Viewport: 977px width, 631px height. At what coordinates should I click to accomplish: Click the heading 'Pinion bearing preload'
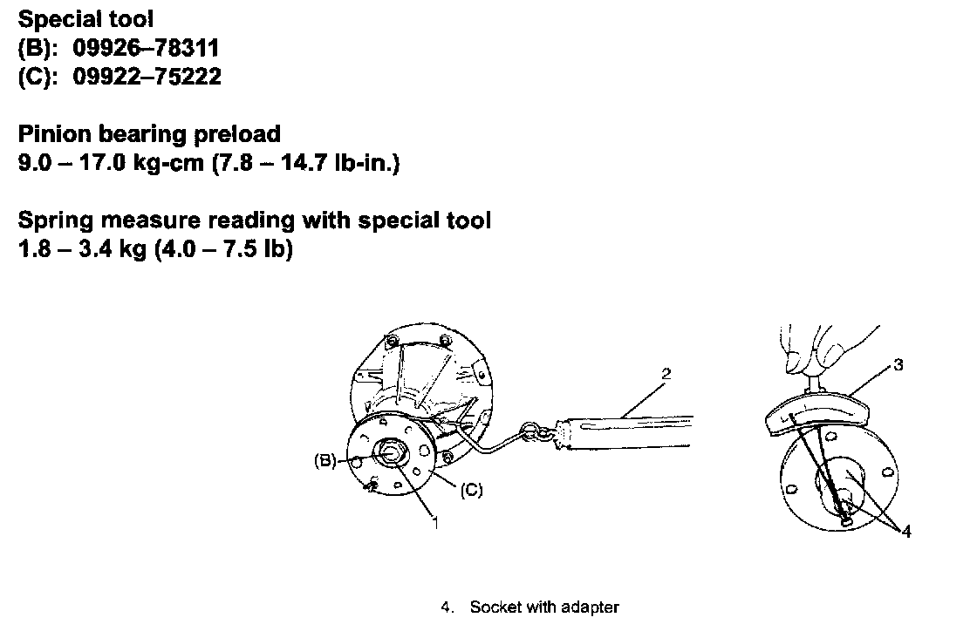pyautogui.click(x=149, y=133)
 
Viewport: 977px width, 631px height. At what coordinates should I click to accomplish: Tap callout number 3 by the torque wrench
pyautogui.click(x=898, y=365)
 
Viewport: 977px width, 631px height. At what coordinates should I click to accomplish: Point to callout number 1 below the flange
pyautogui.click(x=434, y=523)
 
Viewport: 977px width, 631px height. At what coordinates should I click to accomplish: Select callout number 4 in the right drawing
pyautogui.click(x=906, y=531)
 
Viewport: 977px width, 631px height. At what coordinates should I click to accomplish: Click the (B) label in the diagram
pyautogui.click(x=325, y=462)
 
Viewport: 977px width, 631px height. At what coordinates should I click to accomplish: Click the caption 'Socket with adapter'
pyautogui.click(x=544, y=607)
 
